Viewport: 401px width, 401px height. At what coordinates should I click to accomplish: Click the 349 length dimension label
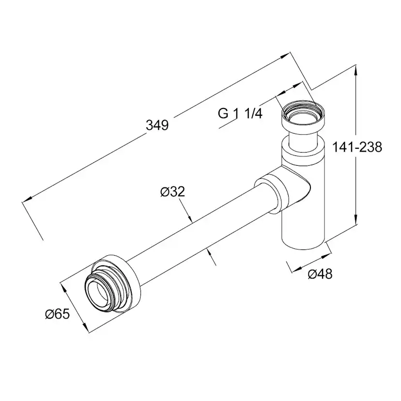[x=157, y=125]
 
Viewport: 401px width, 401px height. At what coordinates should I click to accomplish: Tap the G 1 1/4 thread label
[x=240, y=113]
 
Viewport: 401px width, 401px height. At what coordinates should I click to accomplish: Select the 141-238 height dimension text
[x=357, y=147]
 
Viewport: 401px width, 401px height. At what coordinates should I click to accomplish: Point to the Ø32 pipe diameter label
[x=172, y=192]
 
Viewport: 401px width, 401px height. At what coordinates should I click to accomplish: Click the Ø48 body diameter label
[x=320, y=274]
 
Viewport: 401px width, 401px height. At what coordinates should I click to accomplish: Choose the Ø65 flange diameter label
[x=57, y=314]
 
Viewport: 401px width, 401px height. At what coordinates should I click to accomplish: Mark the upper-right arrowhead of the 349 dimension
[x=285, y=56]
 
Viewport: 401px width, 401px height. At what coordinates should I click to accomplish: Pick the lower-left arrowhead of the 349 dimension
[x=27, y=200]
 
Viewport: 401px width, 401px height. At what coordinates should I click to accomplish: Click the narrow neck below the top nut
[x=303, y=139]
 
